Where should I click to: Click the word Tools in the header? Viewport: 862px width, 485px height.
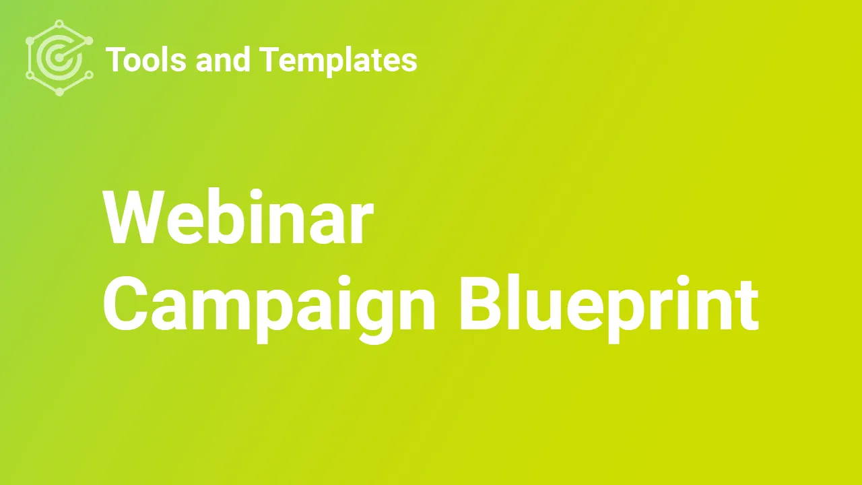point(146,59)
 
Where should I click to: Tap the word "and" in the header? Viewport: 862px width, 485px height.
point(223,59)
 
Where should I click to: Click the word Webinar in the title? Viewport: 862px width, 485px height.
point(238,217)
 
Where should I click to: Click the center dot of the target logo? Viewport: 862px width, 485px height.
point(59,58)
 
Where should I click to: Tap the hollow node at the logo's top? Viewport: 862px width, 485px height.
point(59,24)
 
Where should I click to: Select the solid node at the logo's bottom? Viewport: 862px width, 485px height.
point(60,92)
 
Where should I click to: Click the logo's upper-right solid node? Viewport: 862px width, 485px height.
point(90,40)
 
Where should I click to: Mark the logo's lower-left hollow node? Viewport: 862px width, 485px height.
point(30,75)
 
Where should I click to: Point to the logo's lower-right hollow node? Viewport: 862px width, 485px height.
point(90,75)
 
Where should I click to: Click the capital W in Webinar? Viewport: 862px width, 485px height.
point(134,217)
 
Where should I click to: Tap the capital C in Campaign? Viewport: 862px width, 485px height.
point(125,303)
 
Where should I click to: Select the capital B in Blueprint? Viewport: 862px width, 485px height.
point(482,303)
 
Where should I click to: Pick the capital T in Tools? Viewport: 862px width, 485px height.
point(116,59)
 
